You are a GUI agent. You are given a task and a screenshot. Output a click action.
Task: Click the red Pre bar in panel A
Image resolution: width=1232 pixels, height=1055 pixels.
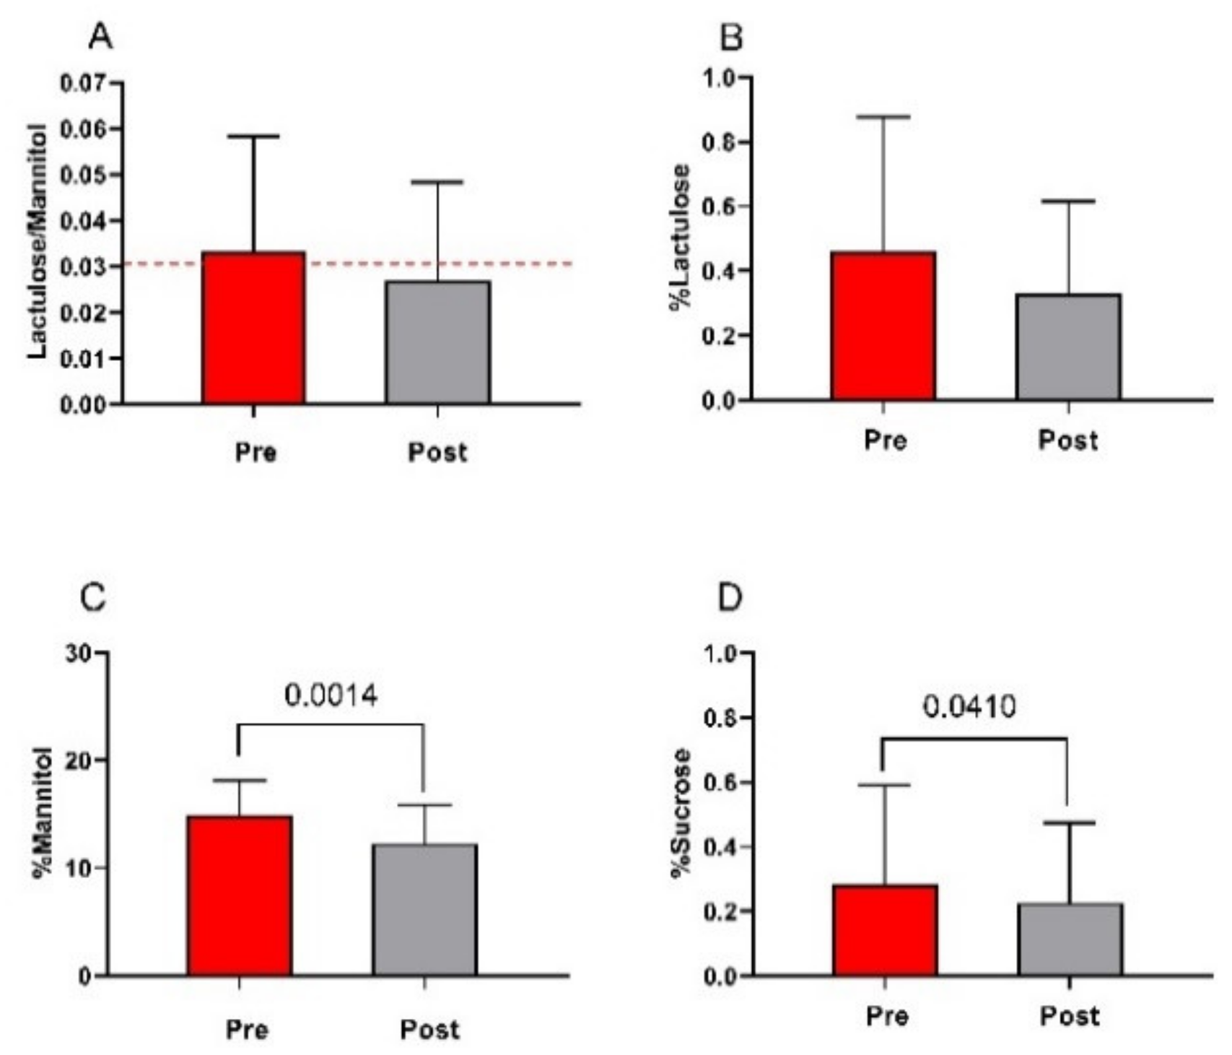pos(253,329)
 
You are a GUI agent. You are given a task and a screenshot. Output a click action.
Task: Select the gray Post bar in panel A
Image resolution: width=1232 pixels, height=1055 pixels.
pos(437,343)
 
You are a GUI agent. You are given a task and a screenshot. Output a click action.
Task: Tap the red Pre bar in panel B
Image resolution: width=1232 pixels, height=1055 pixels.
pos(883,326)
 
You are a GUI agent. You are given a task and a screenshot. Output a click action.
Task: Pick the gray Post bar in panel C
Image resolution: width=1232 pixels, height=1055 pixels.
pos(424,910)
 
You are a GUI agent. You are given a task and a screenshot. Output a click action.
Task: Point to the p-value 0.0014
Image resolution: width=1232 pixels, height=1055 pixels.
pos(331,696)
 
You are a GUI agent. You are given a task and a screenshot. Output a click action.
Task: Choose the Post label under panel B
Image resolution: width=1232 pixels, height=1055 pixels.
pos(1067,440)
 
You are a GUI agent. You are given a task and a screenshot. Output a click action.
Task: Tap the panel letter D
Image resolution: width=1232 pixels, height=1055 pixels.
pos(730,599)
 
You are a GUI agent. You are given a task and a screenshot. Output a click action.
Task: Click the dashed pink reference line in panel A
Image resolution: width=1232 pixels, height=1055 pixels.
pos(534,264)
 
